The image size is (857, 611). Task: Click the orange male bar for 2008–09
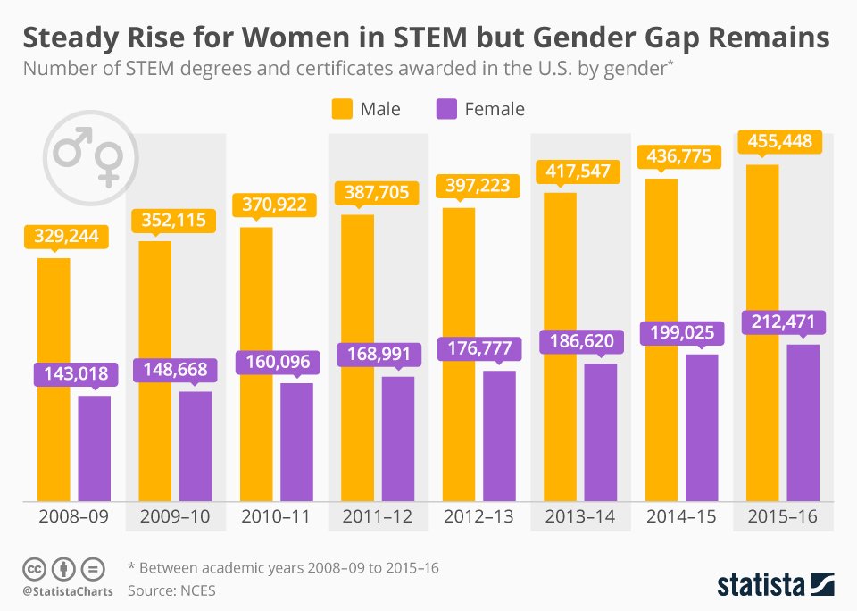pos(54,380)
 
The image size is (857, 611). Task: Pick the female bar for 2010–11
pos(296,442)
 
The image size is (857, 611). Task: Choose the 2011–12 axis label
pos(379,516)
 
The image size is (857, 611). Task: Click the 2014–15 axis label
pos(682,516)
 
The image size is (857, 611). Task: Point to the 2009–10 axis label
pos(175,516)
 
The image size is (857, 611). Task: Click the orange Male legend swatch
pos(343,109)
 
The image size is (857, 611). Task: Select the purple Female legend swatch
pos(445,109)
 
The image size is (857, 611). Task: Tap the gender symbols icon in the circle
pos(87,155)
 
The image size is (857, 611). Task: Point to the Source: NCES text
pos(171,590)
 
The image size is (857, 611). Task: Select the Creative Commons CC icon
pos(34,568)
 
